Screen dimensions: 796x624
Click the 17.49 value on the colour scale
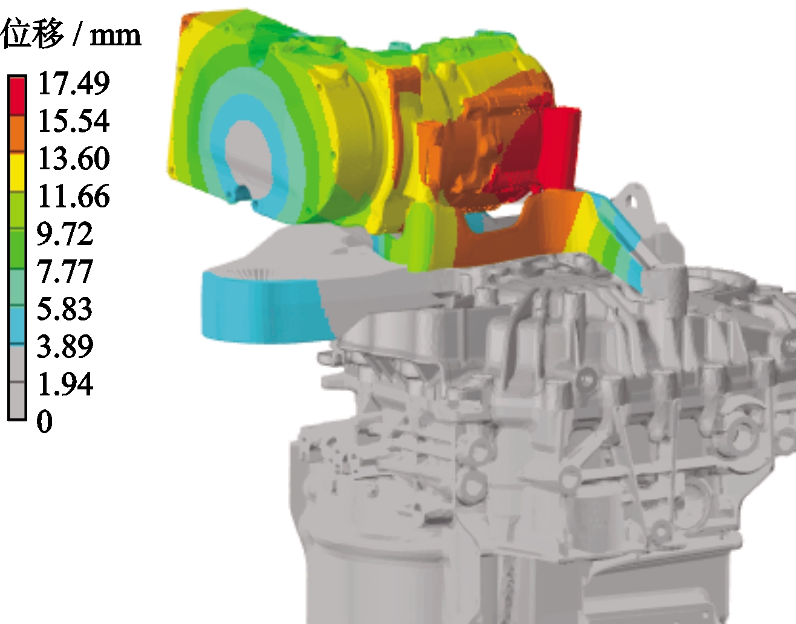73,83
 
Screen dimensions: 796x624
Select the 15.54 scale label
73,120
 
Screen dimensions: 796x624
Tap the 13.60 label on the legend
73,158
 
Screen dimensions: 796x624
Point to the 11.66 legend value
73,196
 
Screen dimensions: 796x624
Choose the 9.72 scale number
65,233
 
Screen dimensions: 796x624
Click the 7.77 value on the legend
65,271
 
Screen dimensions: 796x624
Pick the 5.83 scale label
65,309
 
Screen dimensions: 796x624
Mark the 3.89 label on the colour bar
65,346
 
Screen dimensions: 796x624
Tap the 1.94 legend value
65,384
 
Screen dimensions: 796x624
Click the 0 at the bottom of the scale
45,421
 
